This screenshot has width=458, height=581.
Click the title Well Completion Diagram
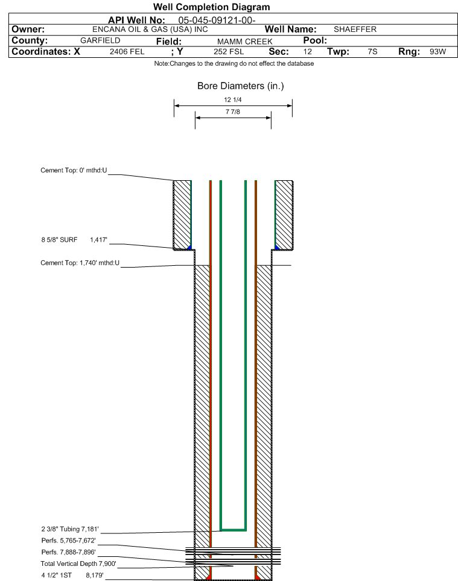(x=211, y=7)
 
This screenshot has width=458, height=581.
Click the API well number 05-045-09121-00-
(x=217, y=20)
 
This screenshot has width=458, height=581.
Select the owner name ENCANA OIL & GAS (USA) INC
(x=150, y=30)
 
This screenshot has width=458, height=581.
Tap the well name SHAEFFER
(x=355, y=30)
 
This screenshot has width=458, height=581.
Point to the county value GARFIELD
(x=100, y=40)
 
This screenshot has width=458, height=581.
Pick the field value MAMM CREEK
(x=245, y=42)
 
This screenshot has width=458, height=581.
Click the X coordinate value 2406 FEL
(x=127, y=51)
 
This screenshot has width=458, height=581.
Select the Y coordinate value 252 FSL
(x=229, y=51)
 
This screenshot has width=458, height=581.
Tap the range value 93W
(x=437, y=51)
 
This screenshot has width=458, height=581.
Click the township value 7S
(x=372, y=51)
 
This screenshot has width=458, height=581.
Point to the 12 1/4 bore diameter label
(x=232, y=99)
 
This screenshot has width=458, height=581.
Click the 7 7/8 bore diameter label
(x=232, y=111)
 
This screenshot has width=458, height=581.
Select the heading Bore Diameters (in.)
(x=240, y=86)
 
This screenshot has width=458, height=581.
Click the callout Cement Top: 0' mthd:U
(x=74, y=171)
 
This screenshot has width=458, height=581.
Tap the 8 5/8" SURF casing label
(x=59, y=240)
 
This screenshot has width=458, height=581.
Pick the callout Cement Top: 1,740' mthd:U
(x=80, y=263)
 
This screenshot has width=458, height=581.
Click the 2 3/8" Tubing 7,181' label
(x=70, y=529)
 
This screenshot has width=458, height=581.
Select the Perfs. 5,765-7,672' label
(x=69, y=541)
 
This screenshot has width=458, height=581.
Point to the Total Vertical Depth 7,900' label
(x=78, y=564)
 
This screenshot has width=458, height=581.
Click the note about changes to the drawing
(x=234, y=64)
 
